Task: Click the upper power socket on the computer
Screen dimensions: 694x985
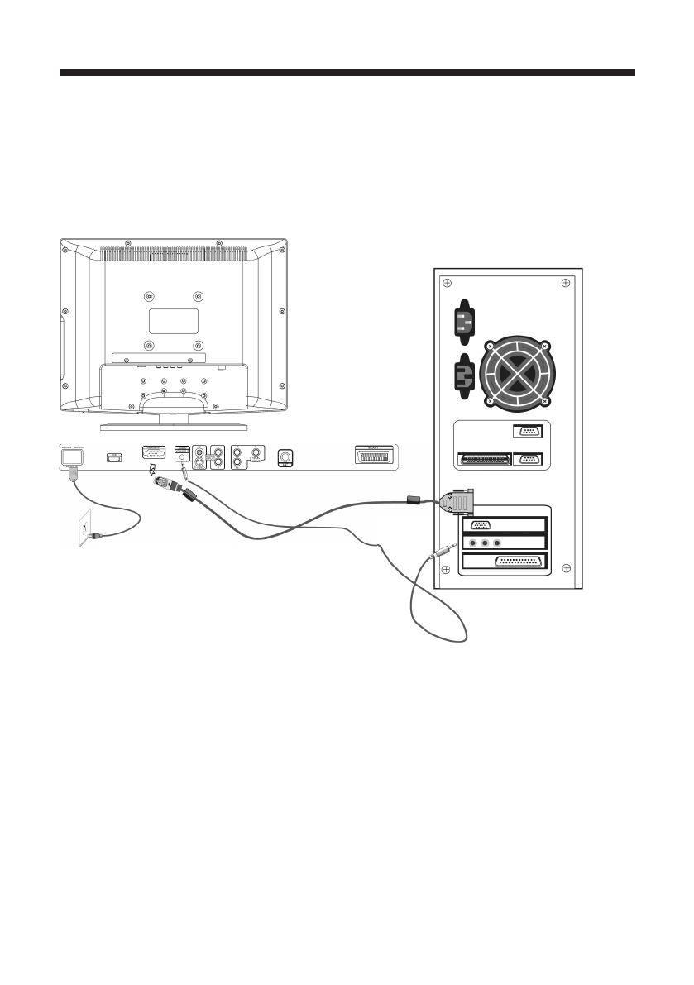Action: [463, 320]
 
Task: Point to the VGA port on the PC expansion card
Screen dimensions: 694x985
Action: [480, 524]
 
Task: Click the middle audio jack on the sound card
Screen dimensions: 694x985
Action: [484, 543]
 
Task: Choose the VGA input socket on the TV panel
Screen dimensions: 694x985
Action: [154, 454]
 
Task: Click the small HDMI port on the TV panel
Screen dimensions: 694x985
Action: [114, 456]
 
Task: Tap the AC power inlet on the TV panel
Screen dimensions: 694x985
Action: [72, 456]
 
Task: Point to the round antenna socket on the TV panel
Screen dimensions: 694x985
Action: [286, 456]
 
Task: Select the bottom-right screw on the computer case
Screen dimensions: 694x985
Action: [566, 567]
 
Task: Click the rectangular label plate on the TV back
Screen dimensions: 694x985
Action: [173, 321]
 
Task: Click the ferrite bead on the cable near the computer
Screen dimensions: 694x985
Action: [414, 500]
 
